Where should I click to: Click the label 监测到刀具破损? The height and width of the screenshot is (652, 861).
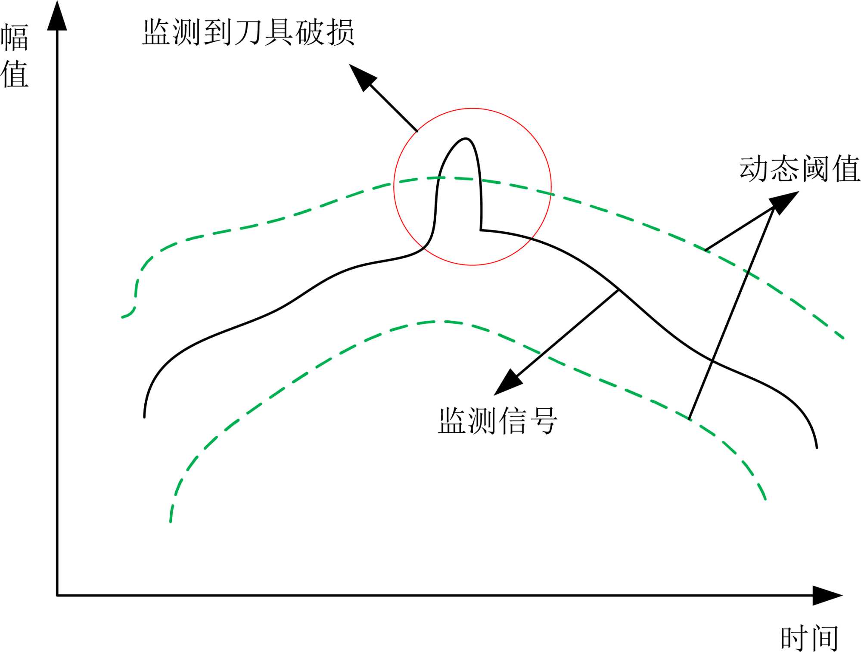[x=248, y=32]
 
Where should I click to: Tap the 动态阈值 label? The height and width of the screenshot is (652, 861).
[x=799, y=169]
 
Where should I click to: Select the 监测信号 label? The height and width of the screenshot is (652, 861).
[x=497, y=421]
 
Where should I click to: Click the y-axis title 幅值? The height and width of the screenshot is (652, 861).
[x=15, y=56]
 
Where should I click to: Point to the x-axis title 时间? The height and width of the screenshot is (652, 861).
[x=809, y=638]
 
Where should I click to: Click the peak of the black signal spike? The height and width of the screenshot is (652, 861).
[x=466, y=139]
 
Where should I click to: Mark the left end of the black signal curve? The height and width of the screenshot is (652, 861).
[x=144, y=416]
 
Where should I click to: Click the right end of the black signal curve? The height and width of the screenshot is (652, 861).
[x=816, y=447]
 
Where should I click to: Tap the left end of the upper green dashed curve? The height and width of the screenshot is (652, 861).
[x=123, y=317]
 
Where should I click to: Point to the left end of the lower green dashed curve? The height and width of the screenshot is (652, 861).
[x=171, y=522]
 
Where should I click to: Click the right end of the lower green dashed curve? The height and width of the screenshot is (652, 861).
[x=765, y=499]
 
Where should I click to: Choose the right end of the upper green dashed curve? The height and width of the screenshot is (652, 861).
[x=843, y=338]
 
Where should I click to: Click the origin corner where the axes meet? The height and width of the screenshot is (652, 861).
[x=57, y=596]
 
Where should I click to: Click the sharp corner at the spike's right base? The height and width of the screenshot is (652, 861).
[x=481, y=230]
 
